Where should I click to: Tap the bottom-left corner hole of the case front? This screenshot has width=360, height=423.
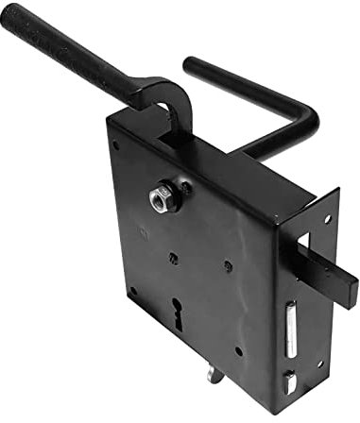(133, 291)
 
